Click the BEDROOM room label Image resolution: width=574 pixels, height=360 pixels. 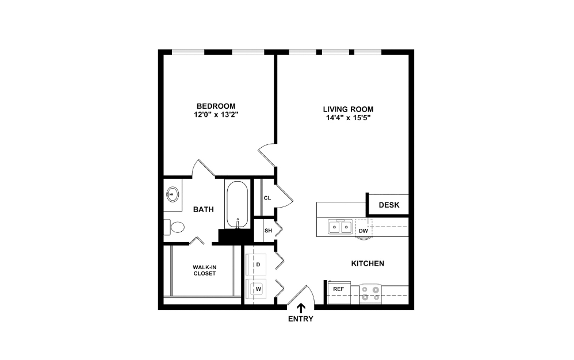click(x=216, y=106)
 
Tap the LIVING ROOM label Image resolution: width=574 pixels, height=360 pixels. click(x=348, y=109)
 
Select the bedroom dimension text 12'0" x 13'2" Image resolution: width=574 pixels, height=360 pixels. click(x=216, y=115)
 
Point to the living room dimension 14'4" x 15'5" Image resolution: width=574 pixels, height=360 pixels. click(x=348, y=118)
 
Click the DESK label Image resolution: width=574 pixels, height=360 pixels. click(x=388, y=205)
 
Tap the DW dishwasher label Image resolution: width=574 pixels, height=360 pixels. click(x=363, y=231)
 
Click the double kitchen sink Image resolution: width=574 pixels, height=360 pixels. click(x=340, y=227)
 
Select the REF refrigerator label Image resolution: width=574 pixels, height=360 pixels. click(x=338, y=289)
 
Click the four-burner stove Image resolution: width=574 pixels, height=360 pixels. click(x=371, y=294)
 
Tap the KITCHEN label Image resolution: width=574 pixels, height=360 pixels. click(x=368, y=263)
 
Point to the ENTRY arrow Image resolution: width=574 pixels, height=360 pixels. click(x=300, y=309)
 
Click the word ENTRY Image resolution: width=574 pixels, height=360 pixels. click(x=300, y=319)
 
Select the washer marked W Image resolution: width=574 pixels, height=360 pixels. click(x=258, y=289)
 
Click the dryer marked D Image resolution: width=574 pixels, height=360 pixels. click(x=258, y=265)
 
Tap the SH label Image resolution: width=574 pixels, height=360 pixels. click(x=268, y=231)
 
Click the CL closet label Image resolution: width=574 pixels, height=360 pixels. click(x=267, y=198)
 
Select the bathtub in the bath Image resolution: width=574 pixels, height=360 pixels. click(x=236, y=204)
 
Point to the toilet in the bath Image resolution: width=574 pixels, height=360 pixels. click(x=175, y=228)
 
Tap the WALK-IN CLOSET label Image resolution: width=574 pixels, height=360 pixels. click(x=204, y=270)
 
